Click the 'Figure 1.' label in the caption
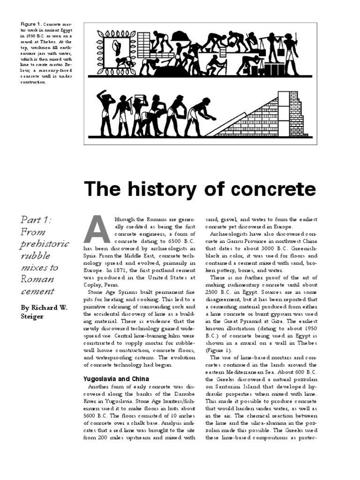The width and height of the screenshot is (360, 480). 32,24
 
